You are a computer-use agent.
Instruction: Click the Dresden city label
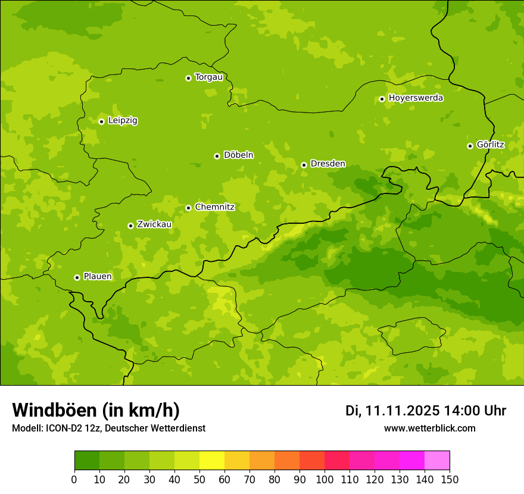327,164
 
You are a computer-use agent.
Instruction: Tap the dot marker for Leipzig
101,121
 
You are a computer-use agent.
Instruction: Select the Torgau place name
208,77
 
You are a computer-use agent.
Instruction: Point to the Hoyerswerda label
416,98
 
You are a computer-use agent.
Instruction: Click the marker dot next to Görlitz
470,146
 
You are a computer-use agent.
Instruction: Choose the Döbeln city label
238,155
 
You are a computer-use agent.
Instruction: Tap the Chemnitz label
214,207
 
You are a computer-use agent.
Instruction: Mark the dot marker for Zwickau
130,226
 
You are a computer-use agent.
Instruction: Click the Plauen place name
98,276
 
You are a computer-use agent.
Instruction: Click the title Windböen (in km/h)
96,410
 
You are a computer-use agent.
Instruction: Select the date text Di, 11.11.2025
392,411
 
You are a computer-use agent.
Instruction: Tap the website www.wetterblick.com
429,428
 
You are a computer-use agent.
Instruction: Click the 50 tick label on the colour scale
199,479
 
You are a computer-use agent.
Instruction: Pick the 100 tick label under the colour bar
324,479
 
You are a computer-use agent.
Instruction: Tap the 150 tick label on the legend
449,479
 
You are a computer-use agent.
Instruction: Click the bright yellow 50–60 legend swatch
211,461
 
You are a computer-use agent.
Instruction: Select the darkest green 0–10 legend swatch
87,461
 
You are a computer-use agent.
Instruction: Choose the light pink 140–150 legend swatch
437,461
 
